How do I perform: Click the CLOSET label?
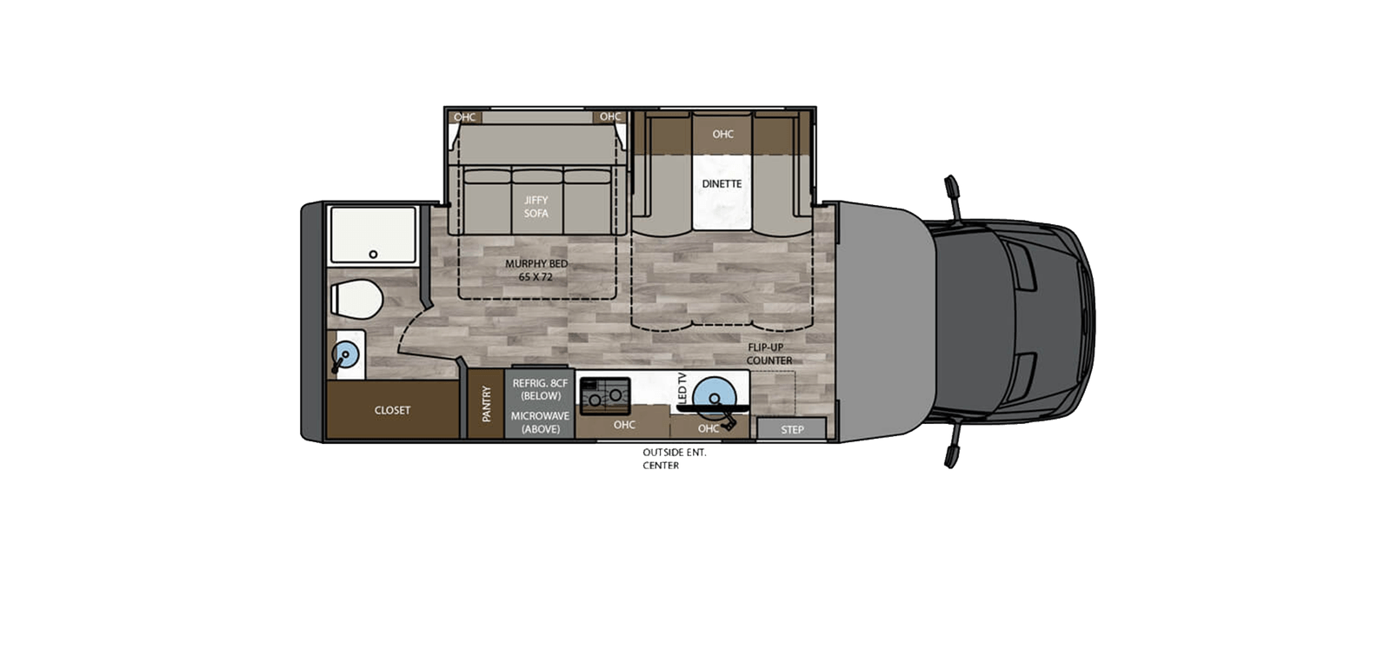(x=392, y=410)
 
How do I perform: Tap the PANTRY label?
(x=486, y=404)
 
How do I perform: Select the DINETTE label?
(x=722, y=184)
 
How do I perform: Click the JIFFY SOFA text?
(x=536, y=207)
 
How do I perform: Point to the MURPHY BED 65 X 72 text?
(x=536, y=270)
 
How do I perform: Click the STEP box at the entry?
(x=792, y=429)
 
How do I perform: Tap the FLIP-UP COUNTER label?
(x=769, y=354)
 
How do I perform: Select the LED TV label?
(x=682, y=387)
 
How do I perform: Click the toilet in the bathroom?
(x=357, y=300)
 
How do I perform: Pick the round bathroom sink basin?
(x=345, y=354)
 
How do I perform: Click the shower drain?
(x=373, y=255)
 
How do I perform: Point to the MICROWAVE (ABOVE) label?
(x=540, y=422)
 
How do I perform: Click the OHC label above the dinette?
(x=722, y=134)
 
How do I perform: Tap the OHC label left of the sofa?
(x=465, y=117)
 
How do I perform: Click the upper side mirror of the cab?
(x=952, y=187)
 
